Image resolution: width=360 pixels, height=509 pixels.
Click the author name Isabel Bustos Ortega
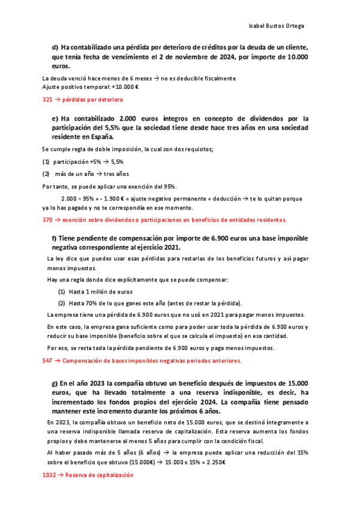click(275, 26)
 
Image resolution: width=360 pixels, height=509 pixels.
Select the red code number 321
click(47, 100)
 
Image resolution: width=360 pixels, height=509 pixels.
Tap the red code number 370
click(47, 220)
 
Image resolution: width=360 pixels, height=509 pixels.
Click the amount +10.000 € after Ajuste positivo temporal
click(124, 86)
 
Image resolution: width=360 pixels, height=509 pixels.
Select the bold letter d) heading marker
click(55, 47)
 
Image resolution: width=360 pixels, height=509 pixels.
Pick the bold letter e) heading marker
click(55, 118)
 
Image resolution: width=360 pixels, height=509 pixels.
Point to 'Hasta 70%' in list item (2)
click(83, 303)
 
